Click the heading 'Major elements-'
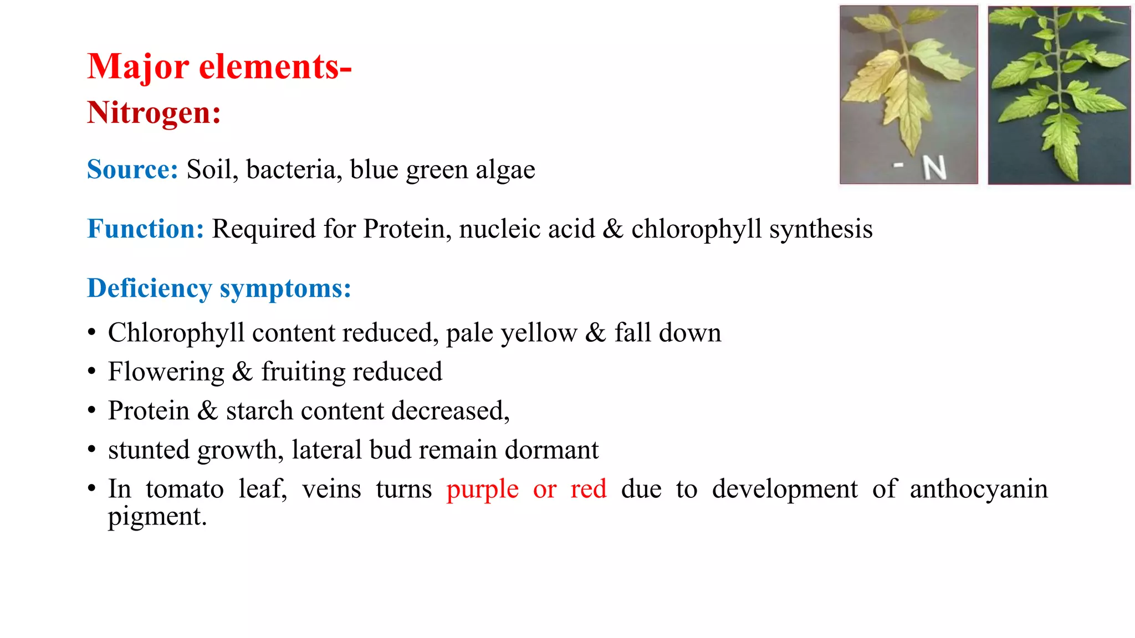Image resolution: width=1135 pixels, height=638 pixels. coord(219,67)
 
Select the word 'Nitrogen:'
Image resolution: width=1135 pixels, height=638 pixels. coord(154,113)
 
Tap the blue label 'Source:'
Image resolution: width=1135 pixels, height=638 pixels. coord(132,169)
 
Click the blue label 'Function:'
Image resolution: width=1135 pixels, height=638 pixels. coord(145,229)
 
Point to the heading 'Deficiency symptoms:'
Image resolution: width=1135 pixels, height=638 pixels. coord(219,289)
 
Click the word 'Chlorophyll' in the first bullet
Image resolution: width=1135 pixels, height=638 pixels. coord(176,333)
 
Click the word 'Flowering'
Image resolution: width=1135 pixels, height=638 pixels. coord(166,372)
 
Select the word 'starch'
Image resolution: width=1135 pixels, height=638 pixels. coord(259,411)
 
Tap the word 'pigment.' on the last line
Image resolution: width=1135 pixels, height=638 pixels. coord(157,517)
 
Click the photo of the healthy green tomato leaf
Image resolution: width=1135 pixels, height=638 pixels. coord(1059,95)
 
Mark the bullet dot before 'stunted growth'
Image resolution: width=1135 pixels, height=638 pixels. coord(92,450)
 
